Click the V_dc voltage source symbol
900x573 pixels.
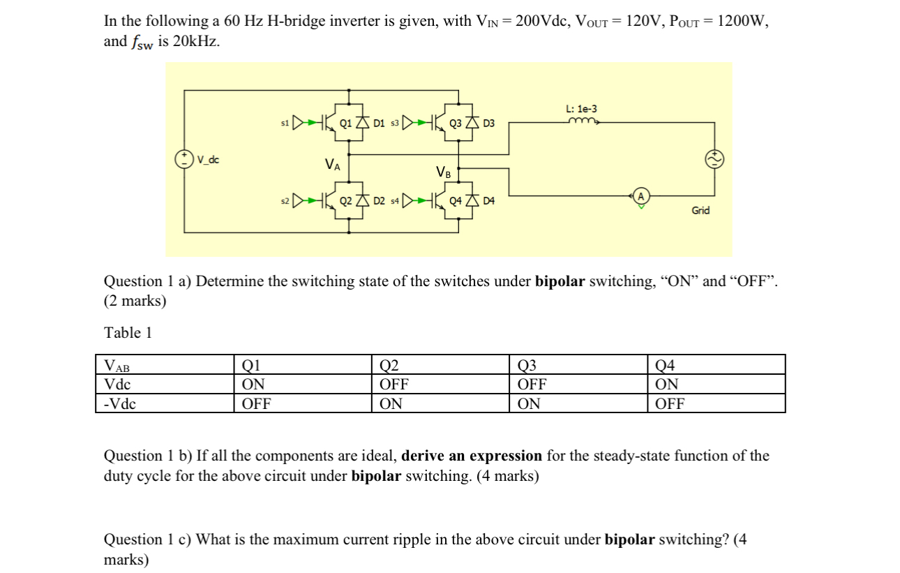185,160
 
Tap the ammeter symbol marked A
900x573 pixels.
640,198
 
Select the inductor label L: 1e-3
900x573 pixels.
582,109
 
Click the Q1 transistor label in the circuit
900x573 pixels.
345,124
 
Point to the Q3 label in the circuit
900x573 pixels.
456,124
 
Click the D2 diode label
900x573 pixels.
380,201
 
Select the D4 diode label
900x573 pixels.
488,201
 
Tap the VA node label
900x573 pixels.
333,165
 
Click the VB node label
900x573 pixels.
443,172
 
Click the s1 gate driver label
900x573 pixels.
284,124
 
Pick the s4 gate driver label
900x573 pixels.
395,201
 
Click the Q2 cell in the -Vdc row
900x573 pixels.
391,403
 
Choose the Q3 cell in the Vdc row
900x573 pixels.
532,384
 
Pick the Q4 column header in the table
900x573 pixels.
666,364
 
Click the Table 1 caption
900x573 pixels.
128,333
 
